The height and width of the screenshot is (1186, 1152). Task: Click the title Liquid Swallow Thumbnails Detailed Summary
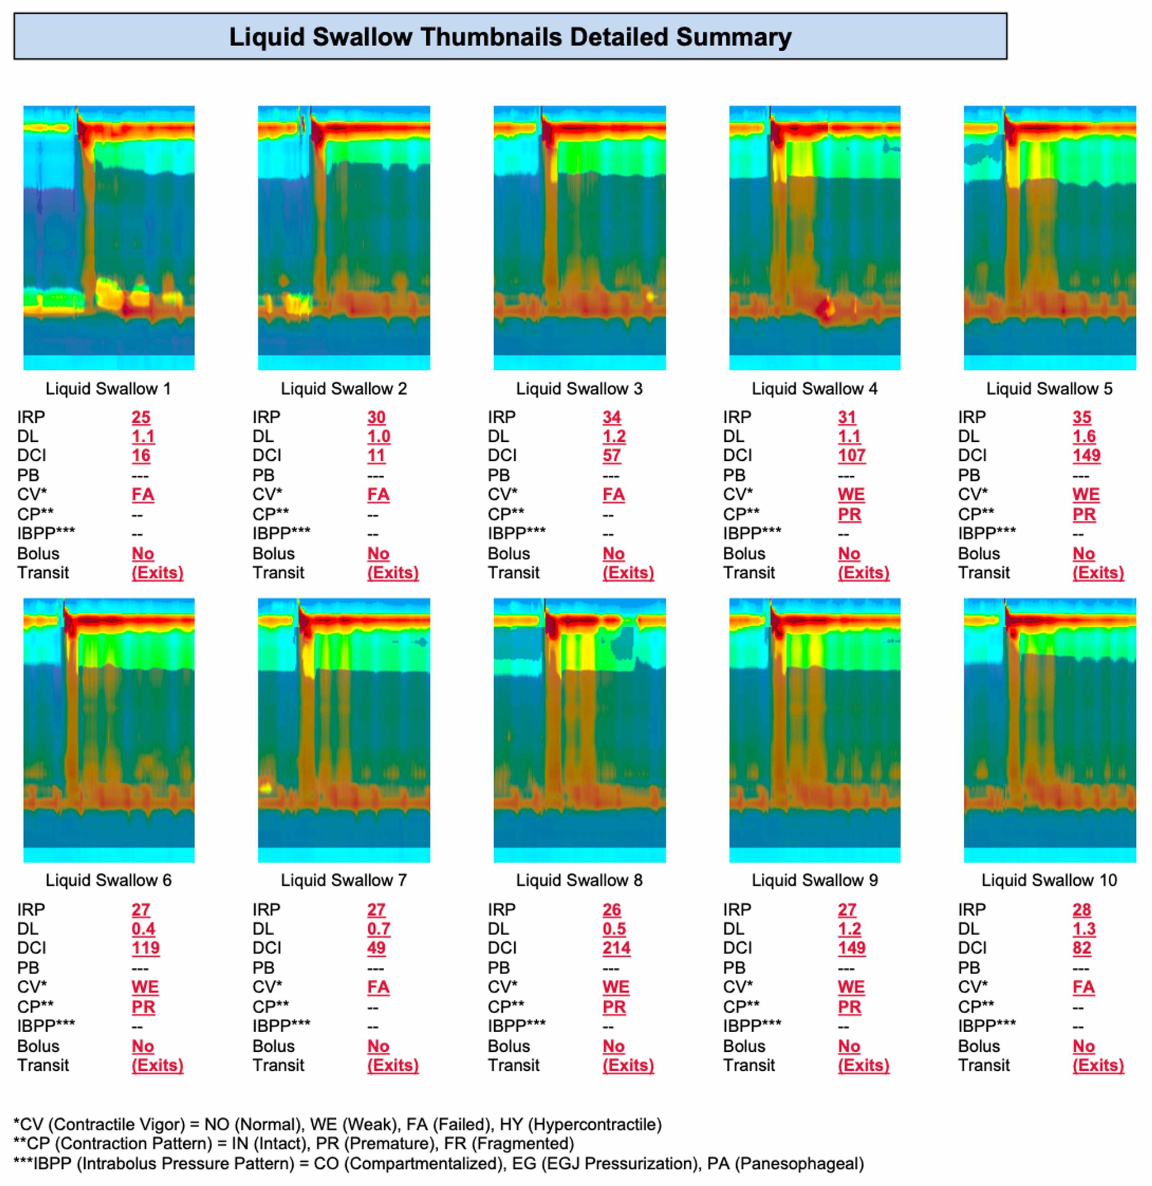tap(510, 37)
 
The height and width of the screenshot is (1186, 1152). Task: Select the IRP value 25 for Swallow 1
tap(141, 418)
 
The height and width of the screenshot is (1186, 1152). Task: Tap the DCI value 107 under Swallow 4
tap(851, 456)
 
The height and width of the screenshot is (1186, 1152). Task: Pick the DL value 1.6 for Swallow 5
tap(1083, 436)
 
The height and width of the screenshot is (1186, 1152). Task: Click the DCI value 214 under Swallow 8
tap(616, 948)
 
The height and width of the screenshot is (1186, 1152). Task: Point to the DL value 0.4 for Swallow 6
tap(143, 929)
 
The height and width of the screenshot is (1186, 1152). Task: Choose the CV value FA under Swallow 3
tap(613, 494)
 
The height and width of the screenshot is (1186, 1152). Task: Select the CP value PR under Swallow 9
tap(849, 1007)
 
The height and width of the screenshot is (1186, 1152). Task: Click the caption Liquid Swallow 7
tap(344, 880)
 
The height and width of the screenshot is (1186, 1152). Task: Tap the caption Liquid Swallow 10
tap(1049, 880)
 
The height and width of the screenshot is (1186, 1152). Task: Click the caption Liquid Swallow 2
tap(344, 388)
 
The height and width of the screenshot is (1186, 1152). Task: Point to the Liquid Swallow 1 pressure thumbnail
tap(109, 237)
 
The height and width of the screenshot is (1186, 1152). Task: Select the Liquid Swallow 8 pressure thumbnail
tap(579, 730)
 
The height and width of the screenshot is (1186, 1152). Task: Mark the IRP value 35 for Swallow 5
tap(1082, 418)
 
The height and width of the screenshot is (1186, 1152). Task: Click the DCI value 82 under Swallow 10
tap(1082, 948)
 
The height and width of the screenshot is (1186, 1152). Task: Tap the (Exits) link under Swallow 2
tap(393, 573)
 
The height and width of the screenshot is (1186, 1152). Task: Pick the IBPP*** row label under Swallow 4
tap(752, 534)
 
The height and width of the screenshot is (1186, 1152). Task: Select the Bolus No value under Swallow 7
tap(378, 1046)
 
